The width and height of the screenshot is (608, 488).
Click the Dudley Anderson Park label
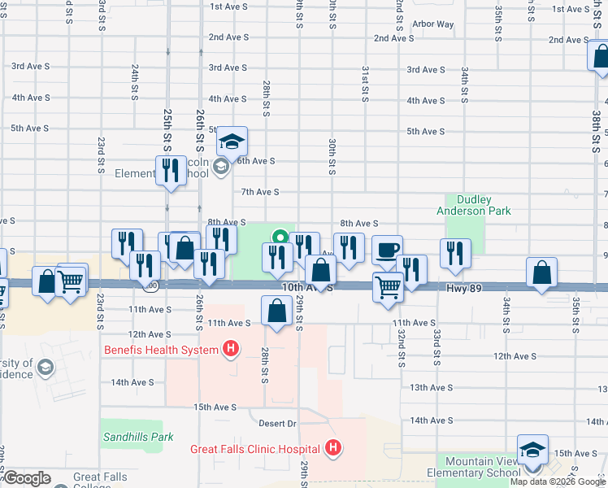pyautogui.click(x=484, y=205)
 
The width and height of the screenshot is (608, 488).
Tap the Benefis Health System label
pyautogui.click(x=161, y=351)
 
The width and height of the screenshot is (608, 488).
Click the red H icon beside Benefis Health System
pyautogui.click(x=231, y=351)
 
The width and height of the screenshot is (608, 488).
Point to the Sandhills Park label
pyautogui.click(x=138, y=437)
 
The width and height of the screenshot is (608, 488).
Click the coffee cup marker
pyautogui.click(x=388, y=250)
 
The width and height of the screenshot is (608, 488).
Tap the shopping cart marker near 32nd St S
pyautogui.click(x=388, y=286)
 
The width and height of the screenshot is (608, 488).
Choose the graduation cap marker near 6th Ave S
pyautogui.click(x=232, y=142)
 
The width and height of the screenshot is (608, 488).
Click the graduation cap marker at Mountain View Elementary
pyautogui.click(x=532, y=450)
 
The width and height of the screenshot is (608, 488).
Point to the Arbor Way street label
pyautogui.click(x=432, y=24)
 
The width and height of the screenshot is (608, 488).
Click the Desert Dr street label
pyautogui.click(x=279, y=424)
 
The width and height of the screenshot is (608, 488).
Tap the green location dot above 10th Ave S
pyautogui.click(x=280, y=238)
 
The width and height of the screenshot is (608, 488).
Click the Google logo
pyautogui.click(x=28, y=478)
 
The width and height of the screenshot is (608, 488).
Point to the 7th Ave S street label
pyautogui.click(x=260, y=192)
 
